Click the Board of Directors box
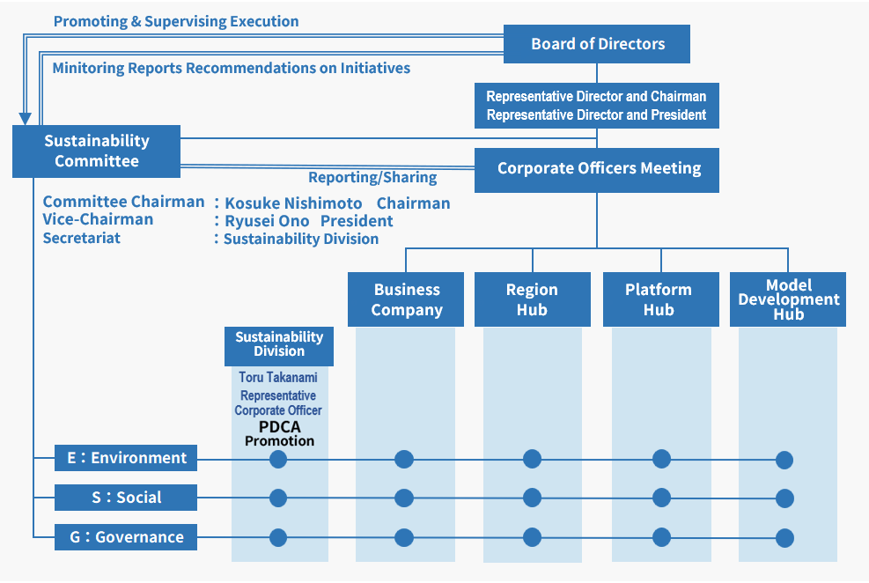597,44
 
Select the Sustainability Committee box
96,151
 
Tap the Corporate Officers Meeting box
598,169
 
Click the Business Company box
406,299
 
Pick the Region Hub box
532,299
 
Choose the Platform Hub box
659,299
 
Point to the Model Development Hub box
788,299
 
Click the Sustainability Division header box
278,344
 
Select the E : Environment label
126,458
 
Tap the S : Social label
126,498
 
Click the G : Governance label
126,537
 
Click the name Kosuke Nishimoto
293,203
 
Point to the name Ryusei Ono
267,221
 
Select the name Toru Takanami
278,378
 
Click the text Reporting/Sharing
372,178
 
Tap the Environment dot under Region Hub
532,459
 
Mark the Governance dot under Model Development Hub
784,538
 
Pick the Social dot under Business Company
404,498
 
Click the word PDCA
279,427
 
